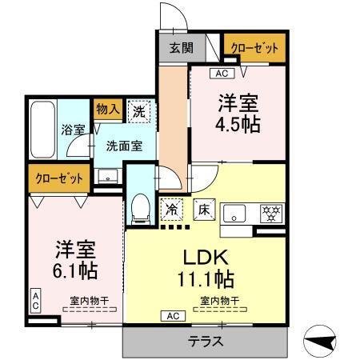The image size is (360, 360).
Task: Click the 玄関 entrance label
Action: (181, 48)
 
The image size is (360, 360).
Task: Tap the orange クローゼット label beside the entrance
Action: (254, 48)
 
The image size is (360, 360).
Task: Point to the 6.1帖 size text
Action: (76, 270)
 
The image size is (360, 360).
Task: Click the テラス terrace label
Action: (206, 341)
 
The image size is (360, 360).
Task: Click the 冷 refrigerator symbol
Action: (172, 210)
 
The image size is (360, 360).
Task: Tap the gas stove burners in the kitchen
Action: (273, 214)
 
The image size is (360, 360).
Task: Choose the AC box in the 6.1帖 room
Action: (36, 300)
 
